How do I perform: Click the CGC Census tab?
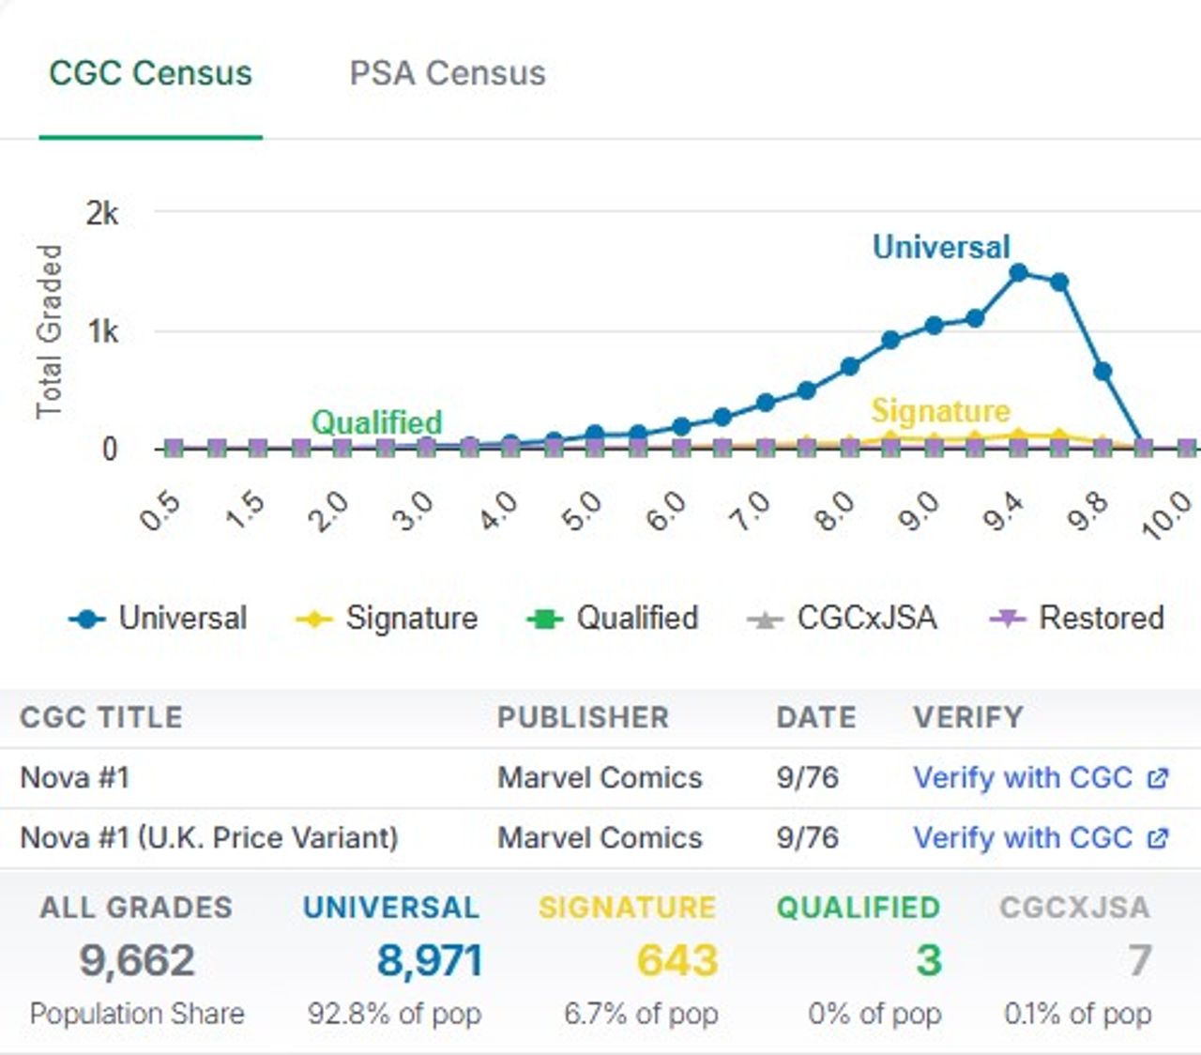tap(150, 73)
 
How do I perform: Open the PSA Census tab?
tap(447, 73)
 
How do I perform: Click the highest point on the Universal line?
tap(1018, 273)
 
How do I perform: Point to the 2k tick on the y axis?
tap(102, 214)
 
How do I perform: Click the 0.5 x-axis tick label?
tap(160, 512)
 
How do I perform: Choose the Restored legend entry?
tap(1078, 619)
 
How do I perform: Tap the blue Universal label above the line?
tap(941, 247)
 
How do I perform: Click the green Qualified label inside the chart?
tap(376, 422)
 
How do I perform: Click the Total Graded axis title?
tap(49, 331)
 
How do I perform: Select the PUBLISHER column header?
tap(583, 717)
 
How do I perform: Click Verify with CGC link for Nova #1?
tap(1023, 778)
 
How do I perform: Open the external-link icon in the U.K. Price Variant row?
tap(1159, 838)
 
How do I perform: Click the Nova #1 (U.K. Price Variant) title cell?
tap(209, 838)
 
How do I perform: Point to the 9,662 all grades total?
tap(137, 960)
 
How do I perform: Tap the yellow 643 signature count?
tap(677, 960)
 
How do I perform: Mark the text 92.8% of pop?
tap(394, 1014)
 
